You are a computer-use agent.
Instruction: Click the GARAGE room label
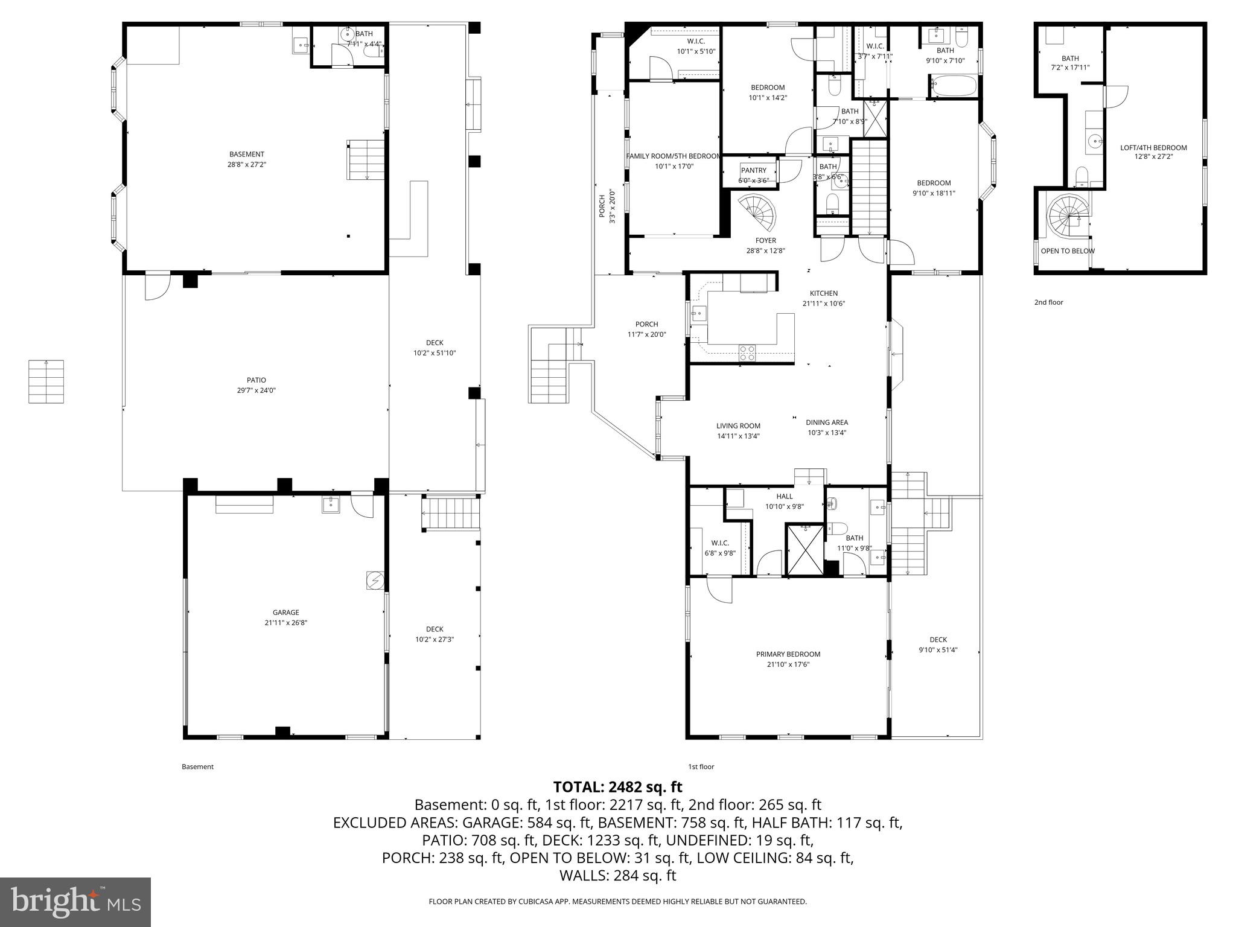pos(285,612)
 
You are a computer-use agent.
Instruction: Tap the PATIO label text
pos(256,380)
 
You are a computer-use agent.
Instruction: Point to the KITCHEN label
pos(823,293)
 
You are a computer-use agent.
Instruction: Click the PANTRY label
pos(753,171)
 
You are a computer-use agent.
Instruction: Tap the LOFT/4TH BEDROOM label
pos(1153,148)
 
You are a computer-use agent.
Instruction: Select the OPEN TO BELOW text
pos(1067,251)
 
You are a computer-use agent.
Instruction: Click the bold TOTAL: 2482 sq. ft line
pos(617,787)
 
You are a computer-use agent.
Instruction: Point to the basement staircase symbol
pos(366,160)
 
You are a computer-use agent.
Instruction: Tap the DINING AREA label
pos(826,422)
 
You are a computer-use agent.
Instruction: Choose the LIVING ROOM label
pos(738,425)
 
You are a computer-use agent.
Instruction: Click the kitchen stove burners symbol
pos(747,352)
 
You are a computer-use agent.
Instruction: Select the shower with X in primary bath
pos(804,549)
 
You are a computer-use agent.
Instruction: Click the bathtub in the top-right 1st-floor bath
pos(953,86)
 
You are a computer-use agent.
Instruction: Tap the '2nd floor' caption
pos(1048,302)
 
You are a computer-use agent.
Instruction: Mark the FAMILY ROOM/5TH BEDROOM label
pos(673,156)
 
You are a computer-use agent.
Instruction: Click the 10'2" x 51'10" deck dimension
pos(434,353)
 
